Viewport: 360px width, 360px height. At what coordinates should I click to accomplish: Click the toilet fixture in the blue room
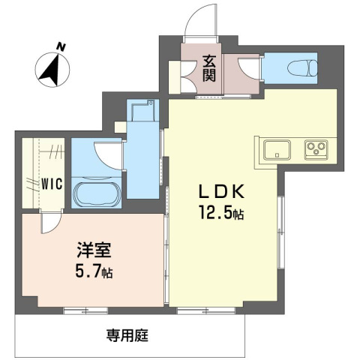tap(302, 67)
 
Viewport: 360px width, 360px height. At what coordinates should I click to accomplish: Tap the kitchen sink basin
tap(277, 149)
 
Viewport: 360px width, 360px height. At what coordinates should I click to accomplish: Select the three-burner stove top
tap(316, 149)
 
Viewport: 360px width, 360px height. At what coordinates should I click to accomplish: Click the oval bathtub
tap(96, 194)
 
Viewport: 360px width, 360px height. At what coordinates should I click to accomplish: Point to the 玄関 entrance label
tap(209, 68)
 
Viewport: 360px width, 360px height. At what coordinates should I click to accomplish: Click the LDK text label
tap(220, 192)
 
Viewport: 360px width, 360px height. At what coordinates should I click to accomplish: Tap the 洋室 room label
tap(94, 250)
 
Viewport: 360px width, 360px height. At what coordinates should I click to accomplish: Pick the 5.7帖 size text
tap(94, 271)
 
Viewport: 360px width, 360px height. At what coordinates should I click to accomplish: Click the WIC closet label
tap(52, 184)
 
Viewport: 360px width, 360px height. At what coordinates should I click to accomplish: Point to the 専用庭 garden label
tap(127, 335)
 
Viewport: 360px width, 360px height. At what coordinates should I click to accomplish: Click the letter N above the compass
tap(61, 46)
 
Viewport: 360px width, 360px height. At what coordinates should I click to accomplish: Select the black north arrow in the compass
tap(51, 70)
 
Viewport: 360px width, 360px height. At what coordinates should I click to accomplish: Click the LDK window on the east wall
tap(281, 232)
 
